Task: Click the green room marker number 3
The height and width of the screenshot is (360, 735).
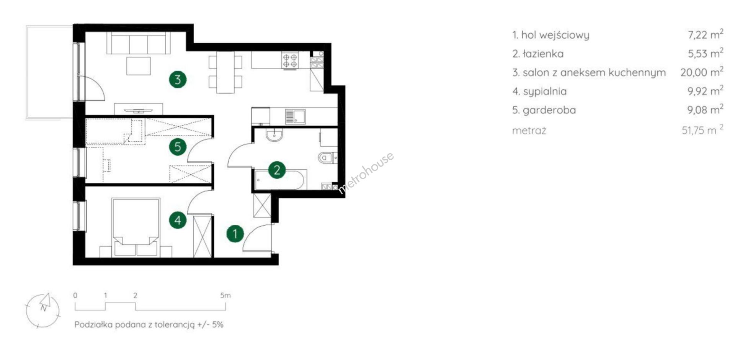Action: (x=178, y=80)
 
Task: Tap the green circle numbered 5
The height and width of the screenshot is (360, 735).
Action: (x=178, y=147)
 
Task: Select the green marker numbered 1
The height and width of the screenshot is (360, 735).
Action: (x=235, y=234)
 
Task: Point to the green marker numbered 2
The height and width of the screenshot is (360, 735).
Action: (x=277, y=170)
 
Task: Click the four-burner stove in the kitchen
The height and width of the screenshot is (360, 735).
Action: (x=290, y=60)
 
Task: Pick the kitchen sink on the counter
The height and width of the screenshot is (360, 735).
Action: (x=295, y=116)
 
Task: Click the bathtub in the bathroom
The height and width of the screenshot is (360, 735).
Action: (x=279, y=179)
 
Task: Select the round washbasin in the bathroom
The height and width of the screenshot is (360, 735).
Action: (x=274, y=134)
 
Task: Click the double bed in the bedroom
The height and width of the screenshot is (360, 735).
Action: (x=136, y=227)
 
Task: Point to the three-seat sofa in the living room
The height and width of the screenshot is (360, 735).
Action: (x=139, y=43)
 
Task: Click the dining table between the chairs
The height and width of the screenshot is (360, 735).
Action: (x=225, y=72)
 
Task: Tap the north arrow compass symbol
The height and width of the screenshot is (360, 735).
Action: (x=43, y=310)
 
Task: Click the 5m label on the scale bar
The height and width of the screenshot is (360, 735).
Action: (x=225, y=295)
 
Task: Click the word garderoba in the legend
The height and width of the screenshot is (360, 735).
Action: (x=549, y=110)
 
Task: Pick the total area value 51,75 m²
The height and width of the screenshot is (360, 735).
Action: (x=702, y=130)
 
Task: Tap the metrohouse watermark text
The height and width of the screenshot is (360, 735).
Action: (x=366, y=173)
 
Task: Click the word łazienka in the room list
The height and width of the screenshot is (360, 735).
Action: (x=543, y=54)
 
